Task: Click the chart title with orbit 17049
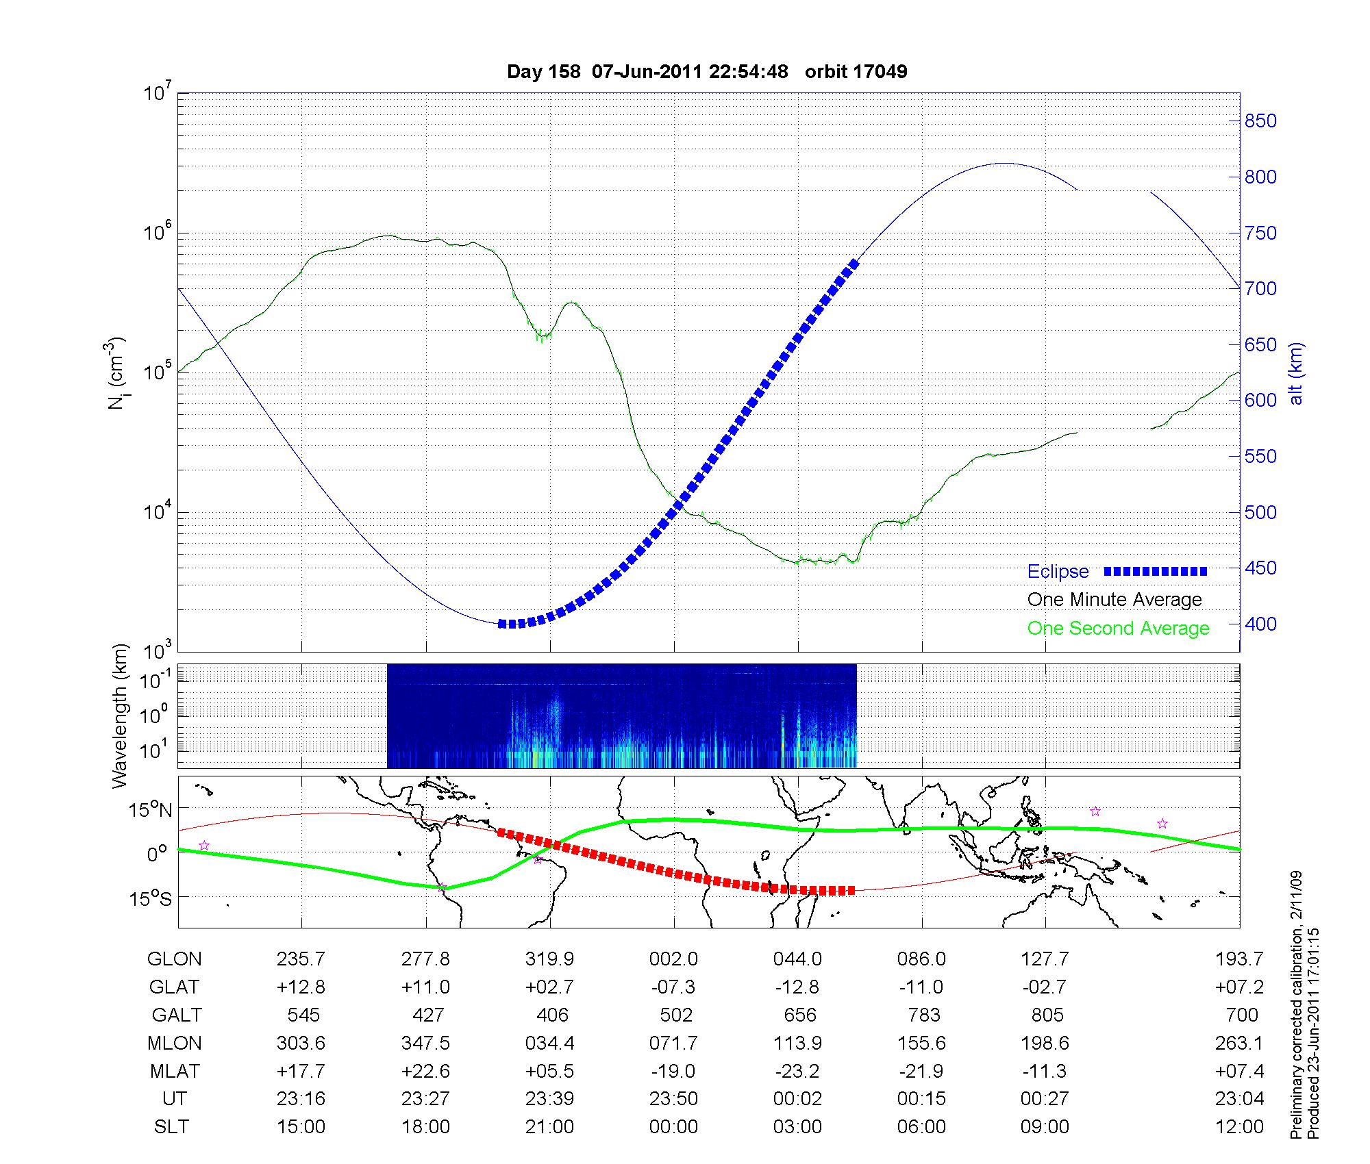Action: pyautogui.click(x=706, y=71)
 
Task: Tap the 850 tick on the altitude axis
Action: pyautogui.click(x=1260, y=121)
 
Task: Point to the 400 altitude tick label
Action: pyautogui.click(x=1260, y=624)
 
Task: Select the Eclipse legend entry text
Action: pyautogui.click(x=1058, y=572)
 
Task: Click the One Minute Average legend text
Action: pyautogui.click(x=1114, y=600)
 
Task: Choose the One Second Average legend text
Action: pyautogui.click(x=1118, y=629)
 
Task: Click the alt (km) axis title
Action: pyautogui.click(x=1296, y=374)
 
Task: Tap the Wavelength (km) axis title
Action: pyautogui.click(x=119, y=716)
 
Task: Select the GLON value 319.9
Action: pyautogui.click(x=549, y=959)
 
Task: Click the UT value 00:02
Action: pyautogui.click(x=797, y=1099)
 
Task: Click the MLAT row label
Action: pyautogui.click(x=174, y=1071)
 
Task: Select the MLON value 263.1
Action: pyautogui.click(x=1240, y=1043)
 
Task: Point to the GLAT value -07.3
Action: pyautogui.click(x=673, y=987)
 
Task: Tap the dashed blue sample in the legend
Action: pyautogui.click(x=1155, y=572)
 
